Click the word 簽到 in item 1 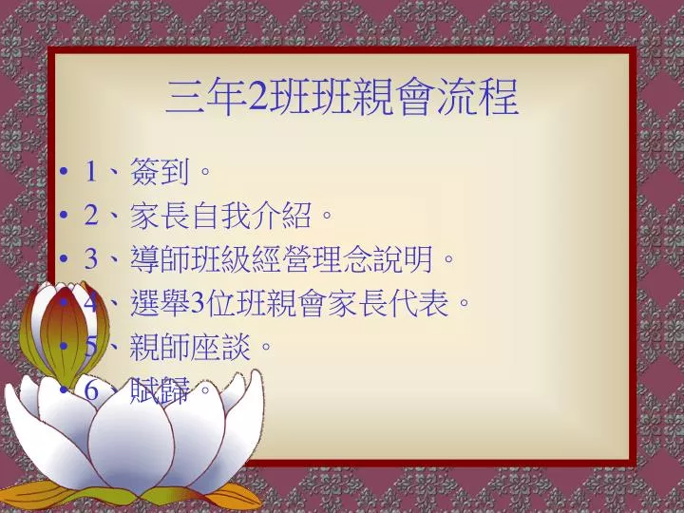(161, 171)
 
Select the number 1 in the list (91, 171)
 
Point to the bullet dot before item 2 (65, 215)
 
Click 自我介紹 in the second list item (251, 215)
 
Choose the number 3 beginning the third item (91, 258)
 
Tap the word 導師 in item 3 (161, 258)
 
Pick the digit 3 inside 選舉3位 (198, 303)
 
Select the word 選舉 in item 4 (161, 302)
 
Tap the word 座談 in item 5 (220, 347)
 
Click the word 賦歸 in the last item (161, 389)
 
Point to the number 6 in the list (91, 390)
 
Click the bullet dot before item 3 (65, 258)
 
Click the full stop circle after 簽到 (204, 171)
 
